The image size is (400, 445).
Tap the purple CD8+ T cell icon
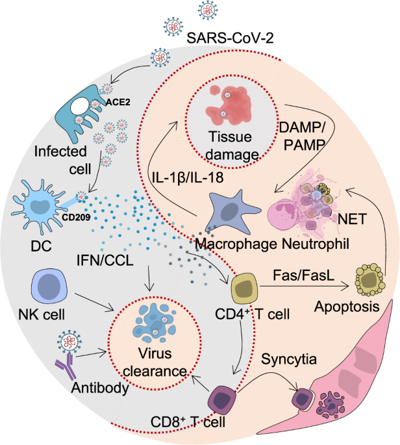(223, 394)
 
